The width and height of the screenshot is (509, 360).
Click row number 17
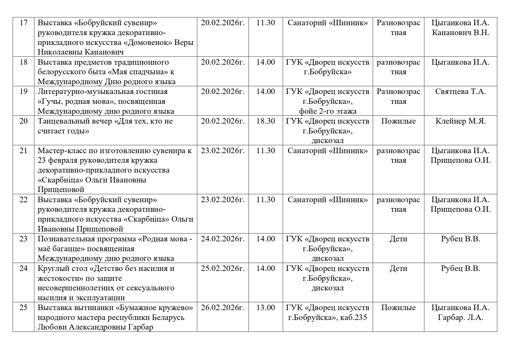[23, 23]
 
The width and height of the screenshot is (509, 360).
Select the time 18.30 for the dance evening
[265, 121]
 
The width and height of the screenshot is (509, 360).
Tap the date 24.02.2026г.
[223, 239]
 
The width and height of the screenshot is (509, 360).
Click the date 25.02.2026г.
[223, 268]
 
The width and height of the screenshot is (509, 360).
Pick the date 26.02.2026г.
[223, 307]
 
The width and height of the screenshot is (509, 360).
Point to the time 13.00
[265, 307]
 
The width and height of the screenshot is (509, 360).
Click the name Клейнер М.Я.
[460, 121]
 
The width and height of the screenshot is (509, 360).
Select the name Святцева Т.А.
[460, 92]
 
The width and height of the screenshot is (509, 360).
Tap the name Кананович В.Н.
[460, 32]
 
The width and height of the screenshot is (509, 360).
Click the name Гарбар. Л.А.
[460, 317]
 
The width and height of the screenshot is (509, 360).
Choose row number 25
[23, 307]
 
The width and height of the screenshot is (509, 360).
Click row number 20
[23, 121]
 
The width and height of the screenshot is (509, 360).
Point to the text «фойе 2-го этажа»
[328, 111]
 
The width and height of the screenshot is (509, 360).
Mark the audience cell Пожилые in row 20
[398, 121]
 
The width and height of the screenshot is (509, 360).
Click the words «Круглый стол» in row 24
[62, 268]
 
